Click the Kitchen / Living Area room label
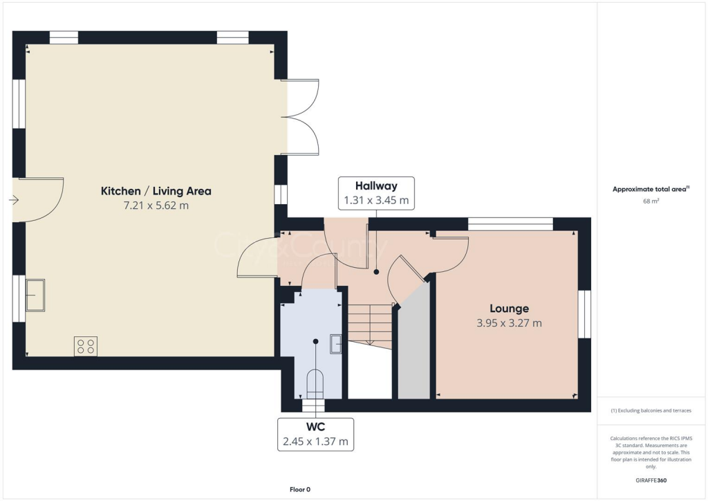[x=156, y=191]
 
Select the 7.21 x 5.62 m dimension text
[x=156, y=206]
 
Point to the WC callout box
[x=315, y=434]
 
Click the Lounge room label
[x=510, y=309]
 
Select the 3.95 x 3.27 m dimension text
[x=510, y=323]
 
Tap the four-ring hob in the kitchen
[x=86, y=346]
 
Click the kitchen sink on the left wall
[x=35, y=295]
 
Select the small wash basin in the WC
[x=336, y=343]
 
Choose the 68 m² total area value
[x=651, y=201]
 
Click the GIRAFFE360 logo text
[x=651, y=480]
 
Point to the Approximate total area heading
[x=651, y=189]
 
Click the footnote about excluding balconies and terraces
[x=651, y=410]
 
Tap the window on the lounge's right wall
[x=584, y=313]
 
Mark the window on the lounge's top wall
[x=510, y=224]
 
